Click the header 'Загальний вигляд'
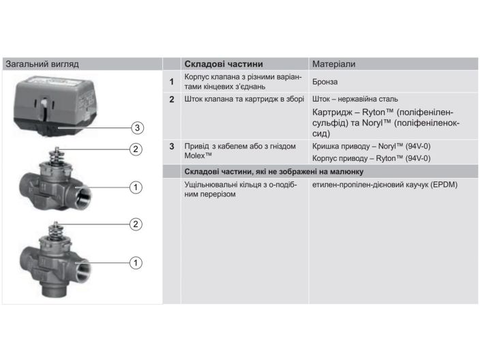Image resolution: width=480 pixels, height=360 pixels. [x=42, y=64]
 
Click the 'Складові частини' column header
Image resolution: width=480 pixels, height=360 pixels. [x=223, y=64]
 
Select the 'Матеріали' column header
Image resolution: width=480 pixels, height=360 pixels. [x=334, y=64]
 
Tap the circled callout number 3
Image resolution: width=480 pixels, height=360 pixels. [x=137, y=127]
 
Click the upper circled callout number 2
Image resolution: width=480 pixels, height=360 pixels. [x=136, y=149]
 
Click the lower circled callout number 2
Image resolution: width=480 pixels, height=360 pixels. [x=136, y=224]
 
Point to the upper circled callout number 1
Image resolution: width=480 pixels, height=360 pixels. [x=136, y=187]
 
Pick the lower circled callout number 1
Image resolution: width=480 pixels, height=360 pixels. [x=136, y=261]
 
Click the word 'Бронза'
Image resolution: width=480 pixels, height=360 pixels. [x=325, y=82]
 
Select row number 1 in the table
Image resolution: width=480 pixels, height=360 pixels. [x=172, y=82]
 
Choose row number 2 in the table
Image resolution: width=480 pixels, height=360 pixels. [x=172, y=100]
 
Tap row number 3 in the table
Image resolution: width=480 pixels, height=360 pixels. [x=172, y=146]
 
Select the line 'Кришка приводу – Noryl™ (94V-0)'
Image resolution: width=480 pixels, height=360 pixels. [x=371, y=146]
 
